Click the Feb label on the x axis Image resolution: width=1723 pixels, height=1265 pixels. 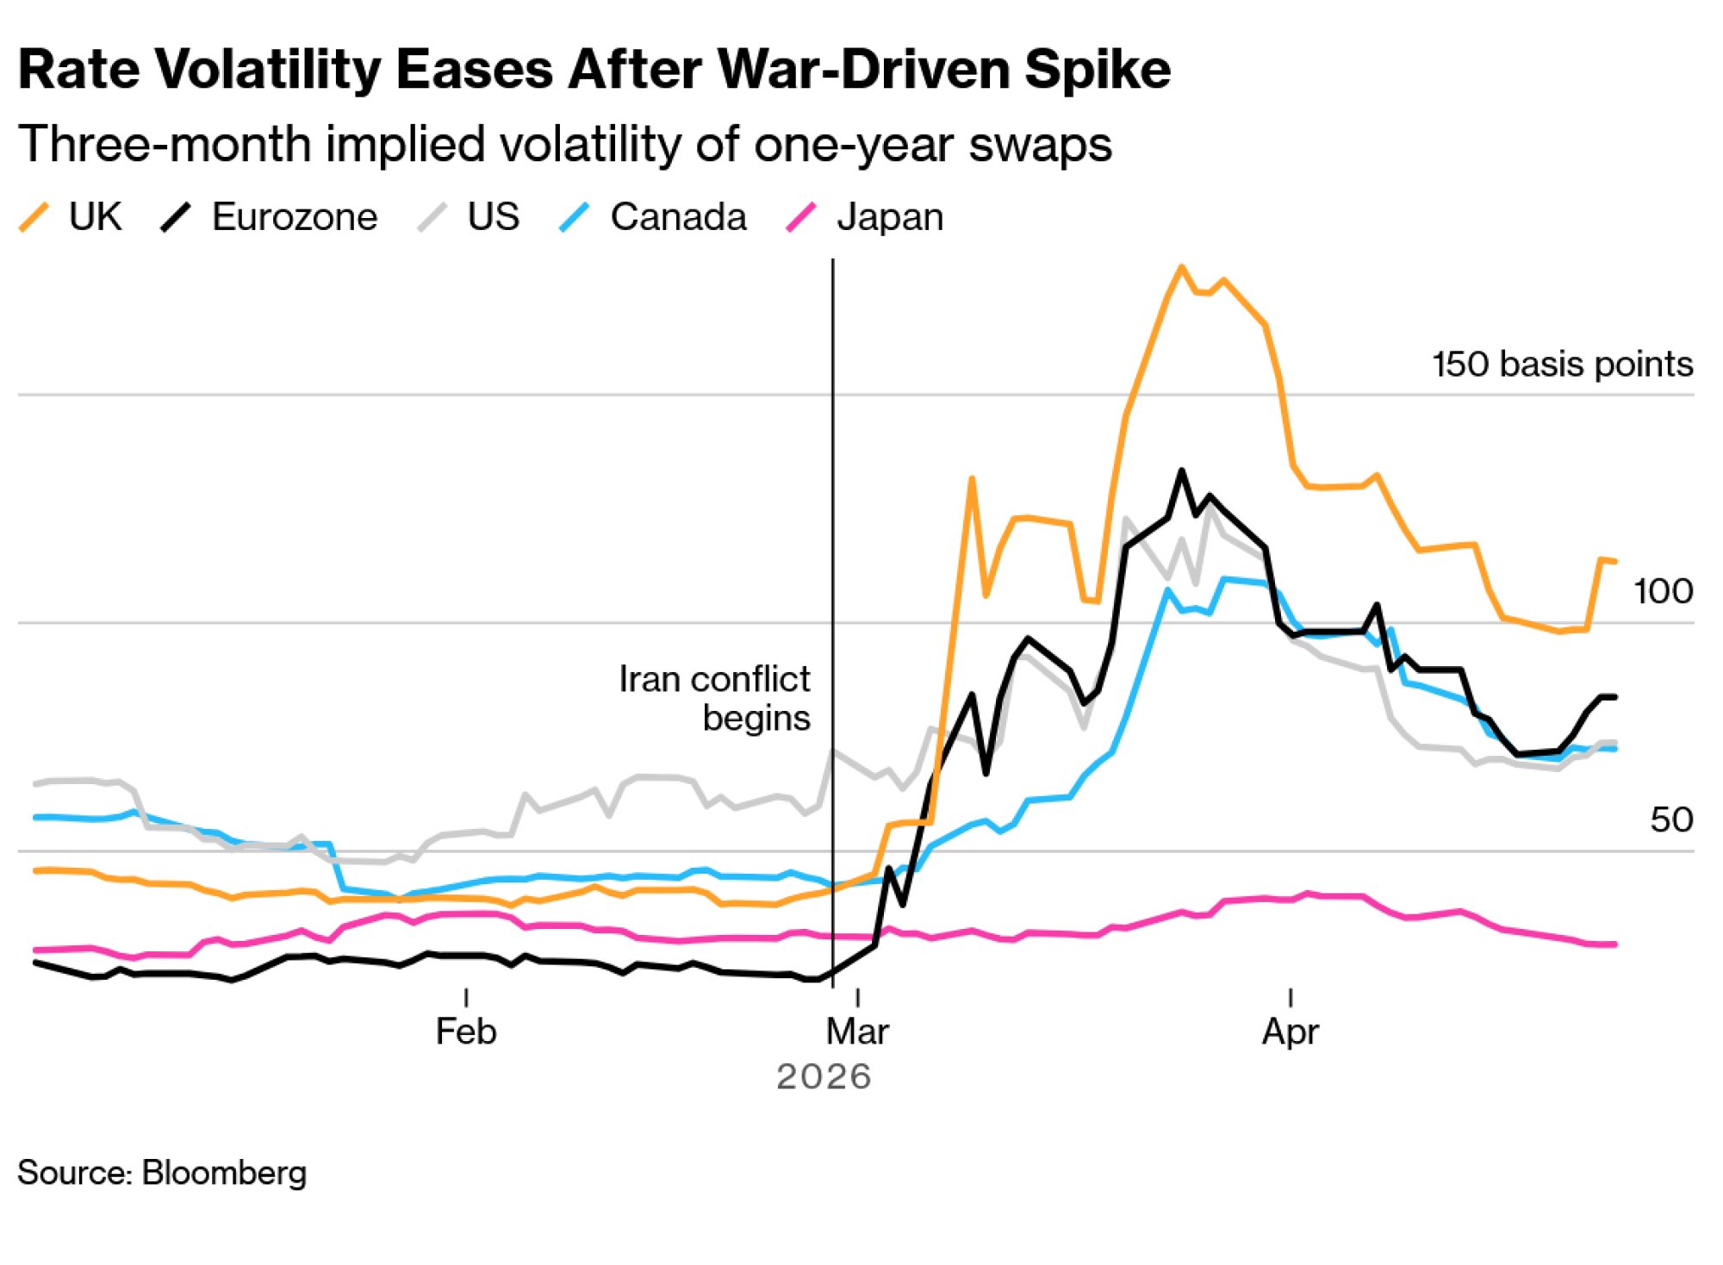tap(466, 1031)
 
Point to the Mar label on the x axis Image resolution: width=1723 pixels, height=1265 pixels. tap(857, 1031)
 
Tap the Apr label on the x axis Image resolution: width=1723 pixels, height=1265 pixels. tap(1290, 1031)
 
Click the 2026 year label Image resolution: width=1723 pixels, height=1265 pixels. tap(824, 1077)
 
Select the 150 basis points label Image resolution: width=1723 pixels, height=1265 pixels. tap(1562, 365)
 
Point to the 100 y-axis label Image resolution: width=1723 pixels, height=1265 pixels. tap(1663, 592)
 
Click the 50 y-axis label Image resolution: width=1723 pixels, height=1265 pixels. tap(1671, 819)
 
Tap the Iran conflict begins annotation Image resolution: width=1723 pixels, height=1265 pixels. tap(715, 698)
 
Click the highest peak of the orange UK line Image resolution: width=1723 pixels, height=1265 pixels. tap(1181, 267)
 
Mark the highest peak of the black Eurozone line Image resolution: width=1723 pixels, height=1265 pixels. tap(1181, 471)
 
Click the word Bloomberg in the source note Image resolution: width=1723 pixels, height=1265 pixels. tap(224, 1173)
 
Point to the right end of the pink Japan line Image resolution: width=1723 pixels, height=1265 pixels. tap(1614, 944)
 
